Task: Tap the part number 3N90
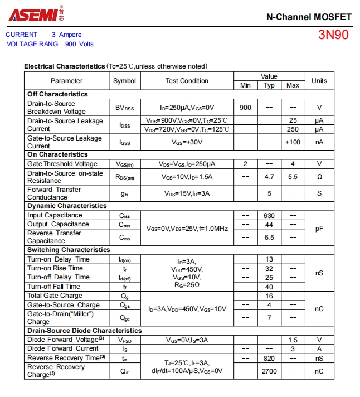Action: tap(333, 35)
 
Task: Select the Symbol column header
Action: tap(124, 81)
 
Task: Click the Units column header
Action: tap(319, 81)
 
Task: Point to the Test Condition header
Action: tap(187, 81)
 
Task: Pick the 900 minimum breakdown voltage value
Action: tap(245, 108)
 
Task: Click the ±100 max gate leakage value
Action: tap(293, 142)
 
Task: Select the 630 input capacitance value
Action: tap(269, 215)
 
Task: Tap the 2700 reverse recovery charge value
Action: tap(269, 371)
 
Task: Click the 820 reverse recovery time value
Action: tap(269, 358)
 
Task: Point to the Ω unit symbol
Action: tap(319, 177)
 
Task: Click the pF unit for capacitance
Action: tap(319, 228)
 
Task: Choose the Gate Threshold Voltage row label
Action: tap(62, 164)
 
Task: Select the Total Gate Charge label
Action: tap(55, 296)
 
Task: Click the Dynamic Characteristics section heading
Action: tap(67, 206)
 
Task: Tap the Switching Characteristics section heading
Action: tap(69, 250)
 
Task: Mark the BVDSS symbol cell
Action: tap(124, 108)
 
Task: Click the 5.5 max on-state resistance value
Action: tap(293, 177)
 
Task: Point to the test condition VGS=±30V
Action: tap(187, 142)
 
